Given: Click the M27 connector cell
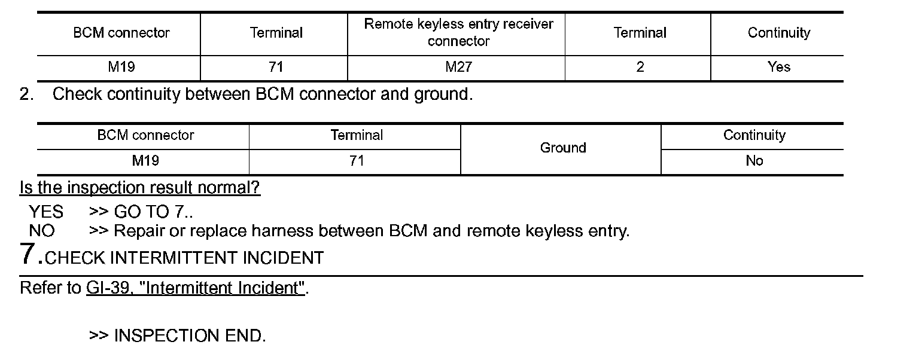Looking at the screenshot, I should (x=458, y=67).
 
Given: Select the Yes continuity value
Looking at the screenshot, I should (x=778, y=67).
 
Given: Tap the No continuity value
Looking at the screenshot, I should (x=754, y=161).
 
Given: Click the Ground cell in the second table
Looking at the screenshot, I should (x=562, y=148).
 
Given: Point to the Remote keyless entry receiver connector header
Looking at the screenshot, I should (x=458, y=32).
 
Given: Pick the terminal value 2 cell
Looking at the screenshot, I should (x=640, y=67).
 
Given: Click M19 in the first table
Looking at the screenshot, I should (x=121, y=67).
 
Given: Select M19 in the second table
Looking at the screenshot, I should (x=145, y=161).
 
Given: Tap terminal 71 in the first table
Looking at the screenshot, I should (x=275, y=67).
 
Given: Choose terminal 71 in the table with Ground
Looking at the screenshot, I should (x=357, y=161).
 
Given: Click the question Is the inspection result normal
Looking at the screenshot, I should (x=140, y=188).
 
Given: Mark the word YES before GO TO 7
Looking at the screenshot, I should (x=46, y=212).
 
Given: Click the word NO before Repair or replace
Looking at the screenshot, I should (x=41, y=231).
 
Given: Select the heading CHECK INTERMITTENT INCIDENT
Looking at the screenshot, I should (x=184, y=258).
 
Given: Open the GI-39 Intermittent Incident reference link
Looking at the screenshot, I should (x=195, y=288).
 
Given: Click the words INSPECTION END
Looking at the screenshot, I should (x=189, y=336).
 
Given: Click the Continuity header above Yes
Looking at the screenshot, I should (x=778, y=32).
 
